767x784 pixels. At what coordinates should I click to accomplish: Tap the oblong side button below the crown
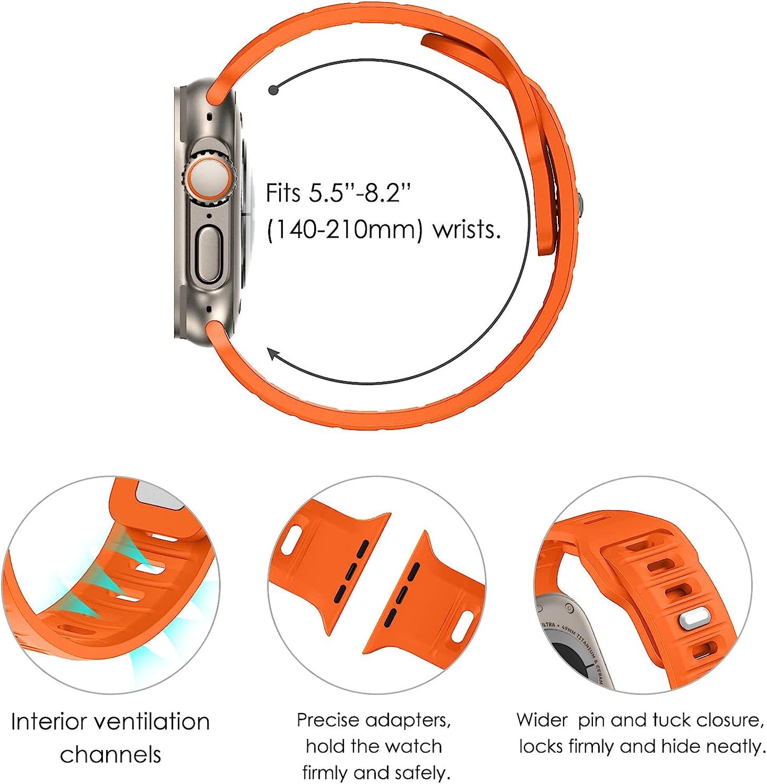(x=209, y=254)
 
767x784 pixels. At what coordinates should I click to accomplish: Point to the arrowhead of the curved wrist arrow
(x=273, y=354)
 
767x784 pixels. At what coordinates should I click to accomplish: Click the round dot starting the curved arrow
(x=273, y=90)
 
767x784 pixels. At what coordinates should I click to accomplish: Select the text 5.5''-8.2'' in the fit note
(x=360, y=193)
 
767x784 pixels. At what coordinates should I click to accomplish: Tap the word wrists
(x=467, y=230)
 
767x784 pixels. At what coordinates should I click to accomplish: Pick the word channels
(x=110, y=755)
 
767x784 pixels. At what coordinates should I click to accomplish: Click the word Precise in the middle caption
(x=328, y=720)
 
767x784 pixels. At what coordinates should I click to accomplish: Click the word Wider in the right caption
(x=541, y=720)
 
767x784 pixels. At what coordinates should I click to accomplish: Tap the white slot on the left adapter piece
(x=291, y=541)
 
